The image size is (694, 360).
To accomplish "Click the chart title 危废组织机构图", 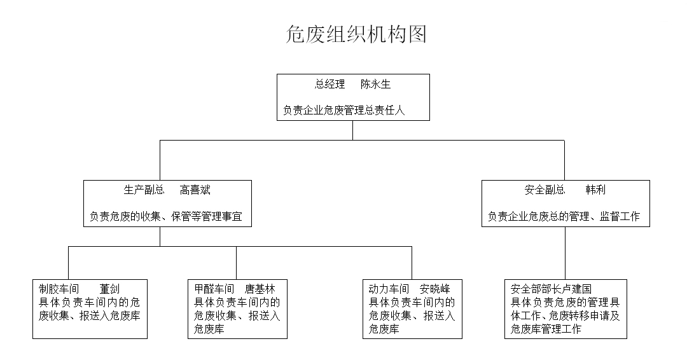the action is (356, 34).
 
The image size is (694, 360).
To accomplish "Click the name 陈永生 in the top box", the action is (376, 84).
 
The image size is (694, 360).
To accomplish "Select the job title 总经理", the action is (330, 84).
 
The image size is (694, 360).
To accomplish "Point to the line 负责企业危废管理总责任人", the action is (344, 110).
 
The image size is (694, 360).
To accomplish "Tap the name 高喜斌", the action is (195, 190).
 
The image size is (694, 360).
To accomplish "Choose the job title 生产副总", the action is (144, 190).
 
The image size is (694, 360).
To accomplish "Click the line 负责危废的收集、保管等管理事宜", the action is (166, 216).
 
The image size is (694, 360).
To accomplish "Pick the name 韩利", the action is (595, 190).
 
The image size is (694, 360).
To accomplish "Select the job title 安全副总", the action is (545, 190).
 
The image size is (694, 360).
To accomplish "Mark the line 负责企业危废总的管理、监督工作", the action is (564, 216).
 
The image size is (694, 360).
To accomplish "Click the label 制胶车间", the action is (59, 289).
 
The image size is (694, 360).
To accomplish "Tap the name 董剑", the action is (109, 289).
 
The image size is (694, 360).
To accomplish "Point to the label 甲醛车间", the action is (214, 289).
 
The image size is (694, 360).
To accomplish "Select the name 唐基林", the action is (260, 289).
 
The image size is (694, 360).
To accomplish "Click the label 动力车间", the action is (389, 289).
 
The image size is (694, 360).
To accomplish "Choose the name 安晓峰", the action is (435, 289).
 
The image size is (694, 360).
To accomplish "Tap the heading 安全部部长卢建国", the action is (551, 289).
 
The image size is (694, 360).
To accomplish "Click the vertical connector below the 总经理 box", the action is (353, 130).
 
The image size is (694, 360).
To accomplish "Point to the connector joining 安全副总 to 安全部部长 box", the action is (566, 253).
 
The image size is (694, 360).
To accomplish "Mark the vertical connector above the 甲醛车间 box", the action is (237, 263).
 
